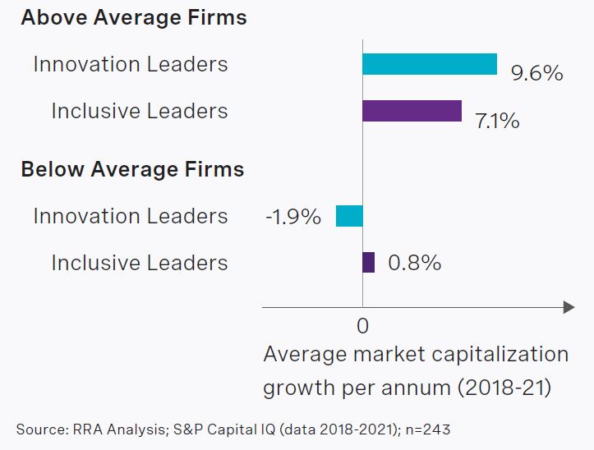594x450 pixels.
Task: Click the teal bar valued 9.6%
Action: (430, 64)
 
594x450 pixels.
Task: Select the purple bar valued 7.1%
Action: (412, 111)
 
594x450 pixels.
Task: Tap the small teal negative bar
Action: (349, 216)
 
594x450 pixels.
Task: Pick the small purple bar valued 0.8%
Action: (369, 263)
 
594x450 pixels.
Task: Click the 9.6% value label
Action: (536, 73)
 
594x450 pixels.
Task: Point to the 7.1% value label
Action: (497, 121)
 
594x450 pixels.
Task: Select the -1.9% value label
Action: (292, 218)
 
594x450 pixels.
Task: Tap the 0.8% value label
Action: (414, 263)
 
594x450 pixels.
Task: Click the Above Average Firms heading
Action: (133, 17)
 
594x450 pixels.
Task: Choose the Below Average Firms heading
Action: (132, 169)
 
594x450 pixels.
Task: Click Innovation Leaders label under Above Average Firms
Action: (131, 64)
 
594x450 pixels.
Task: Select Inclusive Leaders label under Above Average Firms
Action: (140, 111)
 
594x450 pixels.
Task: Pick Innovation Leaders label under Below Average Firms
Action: (131, 216)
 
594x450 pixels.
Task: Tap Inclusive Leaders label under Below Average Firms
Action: (140, 263)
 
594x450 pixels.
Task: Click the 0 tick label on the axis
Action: (362, 326)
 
